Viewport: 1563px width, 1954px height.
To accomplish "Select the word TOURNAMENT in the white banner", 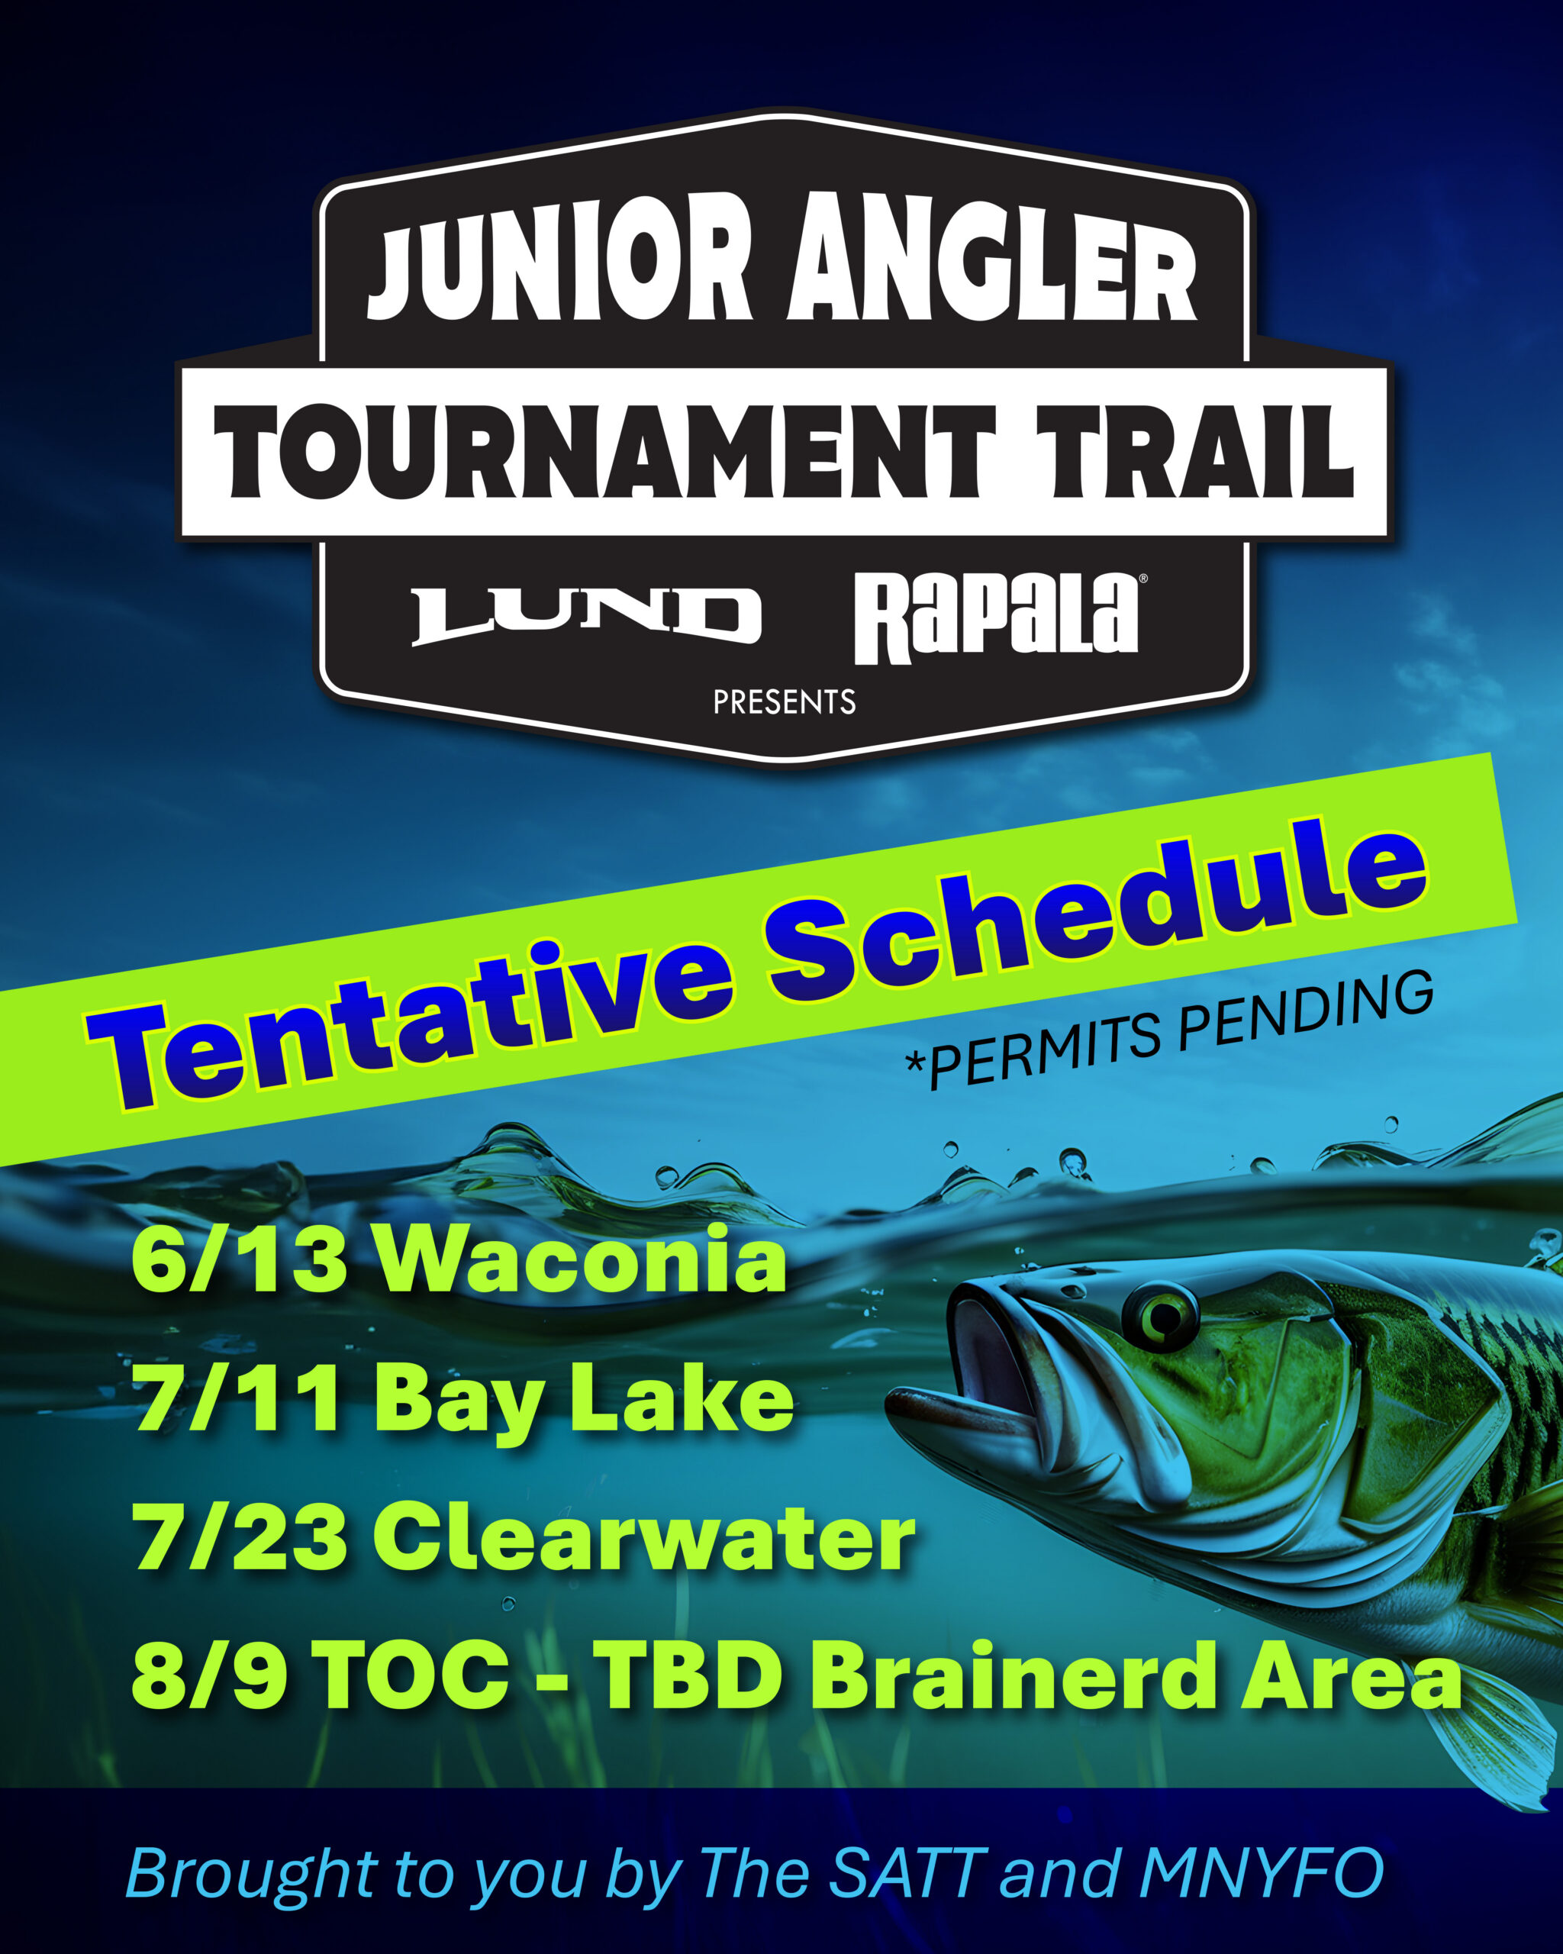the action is coord(606,450).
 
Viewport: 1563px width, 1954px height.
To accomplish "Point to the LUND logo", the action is coord(586,615).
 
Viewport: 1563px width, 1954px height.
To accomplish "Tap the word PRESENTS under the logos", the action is coord(784,702).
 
